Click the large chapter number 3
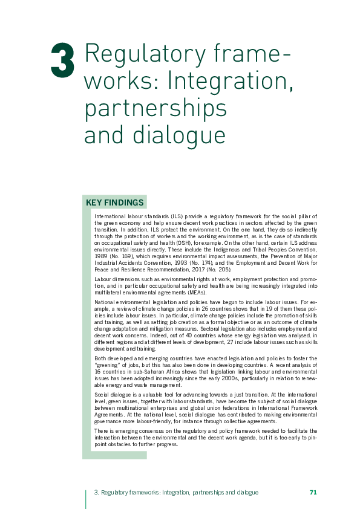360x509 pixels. click(x=63, y=60)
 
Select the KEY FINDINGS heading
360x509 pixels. click(x=115, y=203)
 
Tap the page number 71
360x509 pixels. click(x=313, y=493)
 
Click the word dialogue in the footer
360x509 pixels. click(x=248, y=493)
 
